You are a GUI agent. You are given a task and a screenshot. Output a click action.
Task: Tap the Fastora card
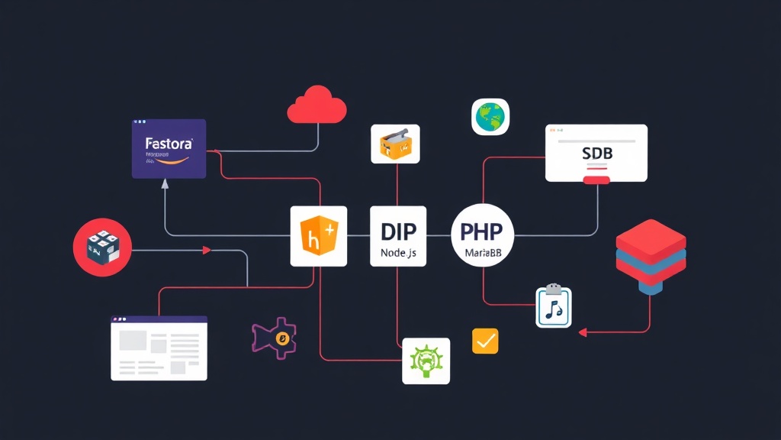point(169,149)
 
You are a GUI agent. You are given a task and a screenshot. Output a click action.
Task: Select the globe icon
point(490,117)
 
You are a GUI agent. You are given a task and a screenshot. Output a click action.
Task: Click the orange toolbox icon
point(396,143)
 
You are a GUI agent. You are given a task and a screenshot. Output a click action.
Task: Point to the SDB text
point(596,154)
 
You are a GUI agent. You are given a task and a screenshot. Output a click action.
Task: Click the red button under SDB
point(596,180)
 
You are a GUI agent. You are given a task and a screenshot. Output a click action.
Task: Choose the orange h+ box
point(318,236)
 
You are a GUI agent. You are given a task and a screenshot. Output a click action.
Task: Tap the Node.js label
point(398,251)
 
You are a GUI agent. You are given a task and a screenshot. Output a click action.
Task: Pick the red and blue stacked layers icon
point(650,257)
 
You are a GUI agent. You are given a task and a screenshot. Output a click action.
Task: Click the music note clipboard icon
point(553,306)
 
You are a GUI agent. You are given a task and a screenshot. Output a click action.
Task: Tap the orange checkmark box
point(485,341)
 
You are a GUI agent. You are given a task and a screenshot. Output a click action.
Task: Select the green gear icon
point(426,361)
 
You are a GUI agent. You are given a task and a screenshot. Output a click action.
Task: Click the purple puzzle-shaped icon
point(275,337)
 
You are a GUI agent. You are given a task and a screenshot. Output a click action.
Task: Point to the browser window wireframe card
point(159,348)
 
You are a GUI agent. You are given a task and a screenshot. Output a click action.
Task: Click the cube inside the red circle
point(101,248)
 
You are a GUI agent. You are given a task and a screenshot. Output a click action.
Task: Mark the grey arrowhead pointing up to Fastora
point(166,184)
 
